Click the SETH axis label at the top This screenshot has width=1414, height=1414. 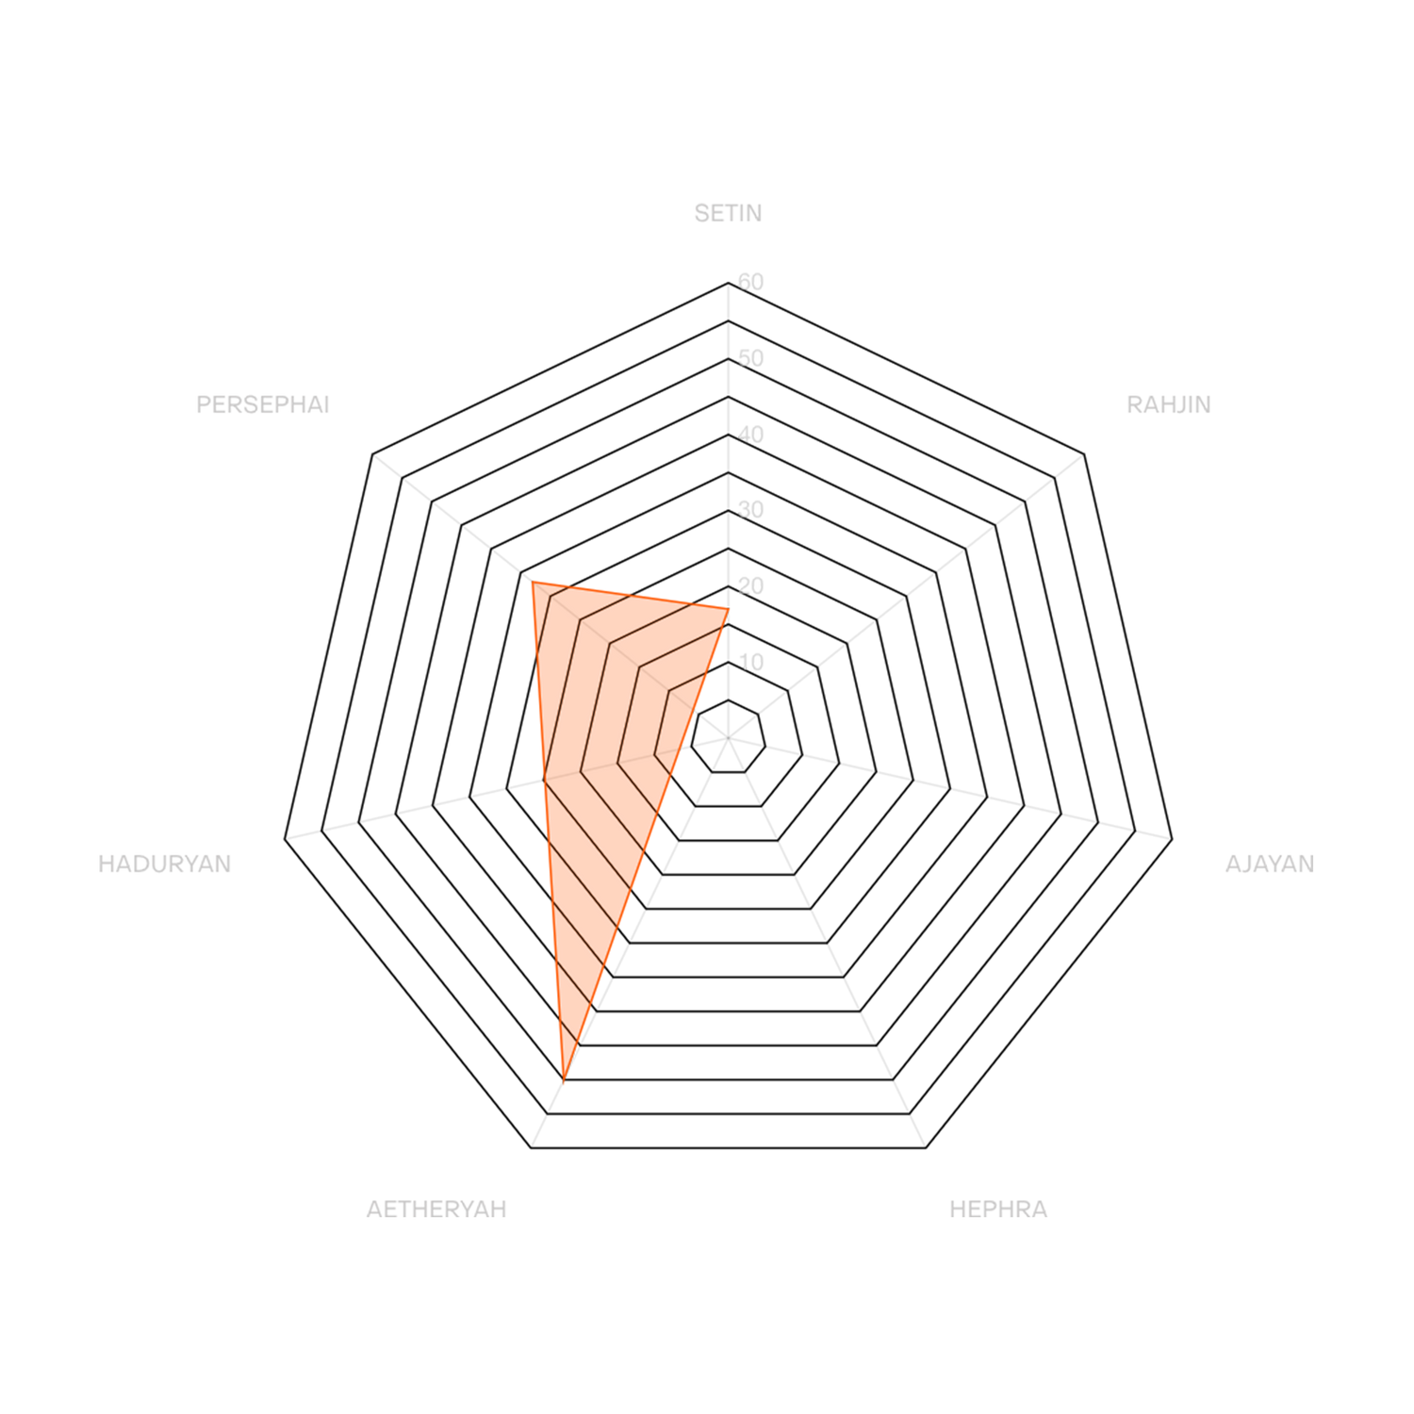[727, 214]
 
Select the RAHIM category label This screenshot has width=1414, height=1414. [1168, 404]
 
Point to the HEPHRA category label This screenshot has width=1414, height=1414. [997, 1208]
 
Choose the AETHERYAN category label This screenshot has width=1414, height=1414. [436, 1208]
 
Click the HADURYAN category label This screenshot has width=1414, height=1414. [165, 863]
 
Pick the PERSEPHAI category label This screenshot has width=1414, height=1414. [263, 404]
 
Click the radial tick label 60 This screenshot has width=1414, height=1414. [751, 281]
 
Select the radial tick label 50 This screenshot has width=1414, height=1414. [751, 357]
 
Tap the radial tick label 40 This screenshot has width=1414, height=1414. [751, 434]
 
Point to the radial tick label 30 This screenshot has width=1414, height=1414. [751, 509]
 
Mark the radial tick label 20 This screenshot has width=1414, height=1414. [751, 585]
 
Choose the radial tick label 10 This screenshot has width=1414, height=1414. [751, 662]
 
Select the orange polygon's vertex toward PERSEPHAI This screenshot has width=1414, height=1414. [532, 580]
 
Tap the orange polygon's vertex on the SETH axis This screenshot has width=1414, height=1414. [729, 607]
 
